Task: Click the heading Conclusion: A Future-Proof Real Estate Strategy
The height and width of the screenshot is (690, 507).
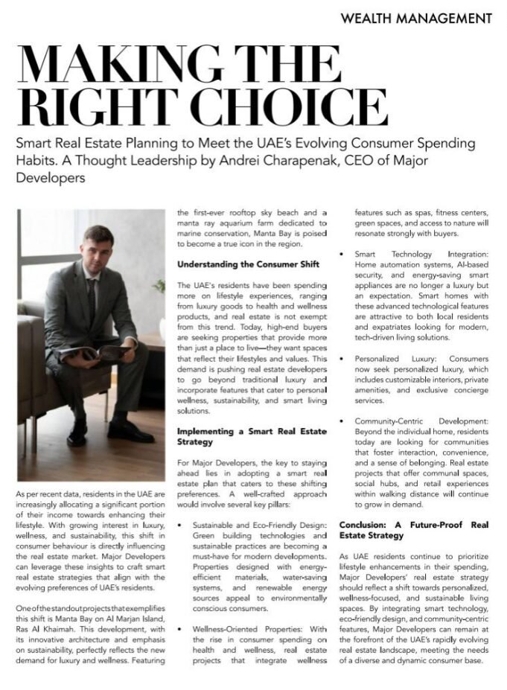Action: click(x=413, y=529)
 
